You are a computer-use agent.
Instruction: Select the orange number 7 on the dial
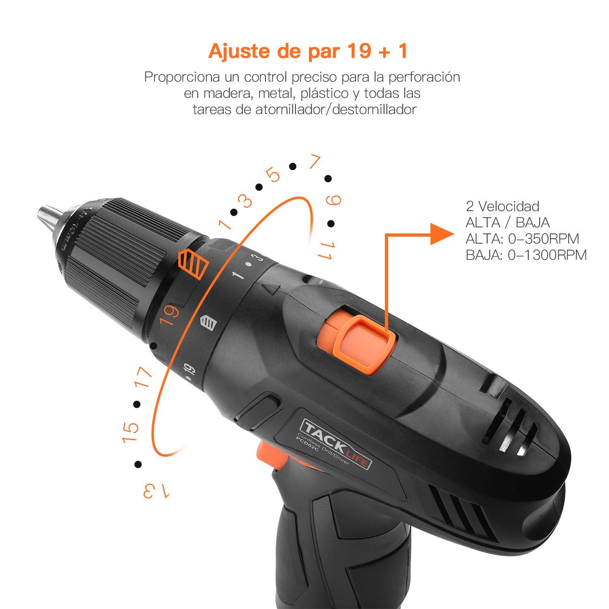coord(314,162)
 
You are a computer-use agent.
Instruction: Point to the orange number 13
coord(156,491)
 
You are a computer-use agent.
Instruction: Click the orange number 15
coord(131,433)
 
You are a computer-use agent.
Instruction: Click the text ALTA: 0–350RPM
coord(522,238)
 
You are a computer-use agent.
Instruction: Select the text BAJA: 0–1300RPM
coord(526,255)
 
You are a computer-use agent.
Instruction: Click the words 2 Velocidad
coord(502,206)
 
